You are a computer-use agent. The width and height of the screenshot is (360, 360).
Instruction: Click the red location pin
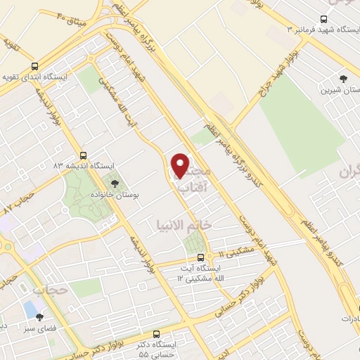click(181, 165)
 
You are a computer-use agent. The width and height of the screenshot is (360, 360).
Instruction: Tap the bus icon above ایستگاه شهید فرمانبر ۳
click(323, 19)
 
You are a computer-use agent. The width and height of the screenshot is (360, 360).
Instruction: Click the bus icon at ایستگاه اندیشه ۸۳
click(84, 155)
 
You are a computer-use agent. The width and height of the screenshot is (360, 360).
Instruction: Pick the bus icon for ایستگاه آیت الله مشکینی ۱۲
click(201, 257)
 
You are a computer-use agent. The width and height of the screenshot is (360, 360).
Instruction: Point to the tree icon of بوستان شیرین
click(344, 79)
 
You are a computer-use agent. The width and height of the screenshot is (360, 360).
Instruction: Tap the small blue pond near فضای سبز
click(30, 309)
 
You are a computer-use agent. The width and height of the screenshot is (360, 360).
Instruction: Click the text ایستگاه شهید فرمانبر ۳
click(323, 30)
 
